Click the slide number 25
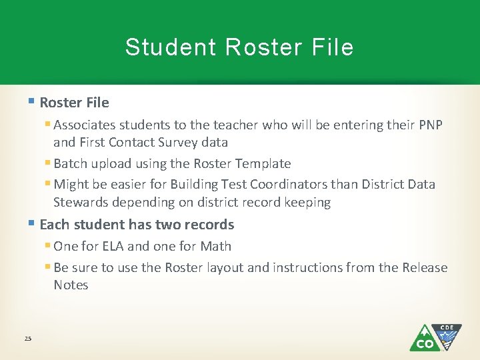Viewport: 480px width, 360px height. [x=28, y=339]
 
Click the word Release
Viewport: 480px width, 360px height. [x=425, y=267]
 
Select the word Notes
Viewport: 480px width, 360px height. [x=71, y=285]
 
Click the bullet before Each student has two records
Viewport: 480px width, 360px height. [x=32, y=224]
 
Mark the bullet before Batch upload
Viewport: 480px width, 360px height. [x=48, y=163]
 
